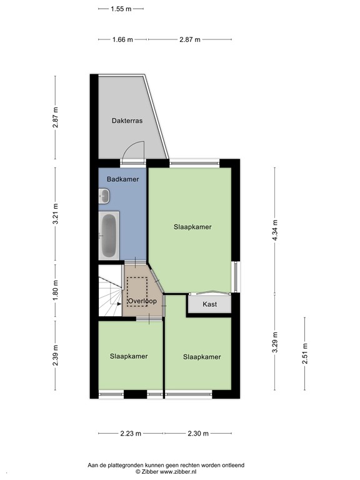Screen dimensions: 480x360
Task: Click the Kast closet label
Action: tap(210, 304)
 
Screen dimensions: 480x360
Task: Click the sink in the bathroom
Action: tap(104, 197)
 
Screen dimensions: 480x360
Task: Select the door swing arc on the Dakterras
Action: tap(133, 150)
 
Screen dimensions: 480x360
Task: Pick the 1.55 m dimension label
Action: tap(121, 9)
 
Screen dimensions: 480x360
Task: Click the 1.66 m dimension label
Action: tap(122, 39)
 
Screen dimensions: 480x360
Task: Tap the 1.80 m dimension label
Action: tap(56, 291)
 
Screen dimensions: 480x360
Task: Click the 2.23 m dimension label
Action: tap(130, 433)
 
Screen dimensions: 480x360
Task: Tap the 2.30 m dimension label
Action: tap(197, 433)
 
